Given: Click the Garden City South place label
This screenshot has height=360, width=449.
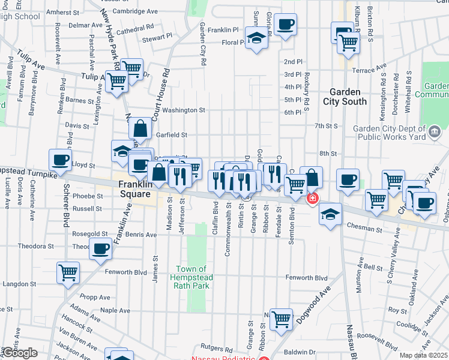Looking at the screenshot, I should click(345, 97).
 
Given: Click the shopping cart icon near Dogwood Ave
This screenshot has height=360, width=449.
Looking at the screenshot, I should click(281, 319).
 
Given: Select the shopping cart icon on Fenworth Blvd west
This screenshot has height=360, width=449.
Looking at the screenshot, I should click(68, 272).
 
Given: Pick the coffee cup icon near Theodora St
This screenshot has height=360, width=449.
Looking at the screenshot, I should click(100, 248).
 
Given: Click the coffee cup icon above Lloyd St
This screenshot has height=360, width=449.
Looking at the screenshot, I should click(60, 160).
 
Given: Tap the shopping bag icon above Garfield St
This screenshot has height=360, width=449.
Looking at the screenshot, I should click(140, 128).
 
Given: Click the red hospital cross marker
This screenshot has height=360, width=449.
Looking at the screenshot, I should click(312, 199).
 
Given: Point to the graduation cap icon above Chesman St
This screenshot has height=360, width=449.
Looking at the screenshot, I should click(330, 214).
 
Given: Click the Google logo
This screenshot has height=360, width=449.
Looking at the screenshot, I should click(19, 353).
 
